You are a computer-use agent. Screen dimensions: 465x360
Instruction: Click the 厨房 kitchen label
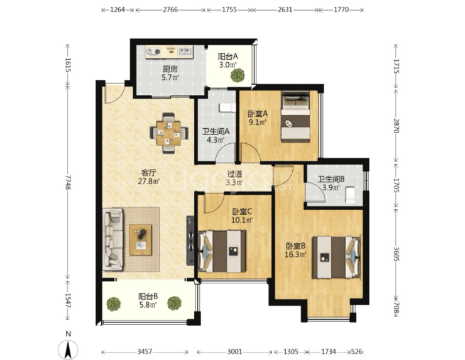(170, 69)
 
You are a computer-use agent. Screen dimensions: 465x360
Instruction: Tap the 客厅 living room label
(149, 173)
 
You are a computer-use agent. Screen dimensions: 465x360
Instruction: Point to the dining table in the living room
(169, 133)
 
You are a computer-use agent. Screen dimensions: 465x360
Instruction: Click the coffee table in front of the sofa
(140, 239)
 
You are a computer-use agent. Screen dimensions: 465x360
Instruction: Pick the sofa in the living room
(112, 239)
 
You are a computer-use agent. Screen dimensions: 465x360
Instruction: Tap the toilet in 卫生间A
(227, 107)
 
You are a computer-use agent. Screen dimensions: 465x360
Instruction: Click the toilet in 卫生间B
(350, 195)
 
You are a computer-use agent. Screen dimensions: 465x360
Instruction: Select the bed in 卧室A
(295, 116)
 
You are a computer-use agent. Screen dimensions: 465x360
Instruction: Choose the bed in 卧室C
(222, 251)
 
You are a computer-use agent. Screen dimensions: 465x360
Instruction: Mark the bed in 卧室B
(336, 257)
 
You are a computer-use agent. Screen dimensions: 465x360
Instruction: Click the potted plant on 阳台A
(238, 75)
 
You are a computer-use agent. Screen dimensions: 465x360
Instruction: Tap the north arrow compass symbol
(68, 349)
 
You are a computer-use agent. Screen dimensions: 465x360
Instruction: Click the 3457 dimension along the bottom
(145, 352)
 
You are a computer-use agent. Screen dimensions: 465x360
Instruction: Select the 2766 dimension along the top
(170, 10)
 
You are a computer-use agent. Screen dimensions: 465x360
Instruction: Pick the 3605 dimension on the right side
(397, 254)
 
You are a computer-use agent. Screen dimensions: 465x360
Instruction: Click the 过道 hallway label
(234, 174)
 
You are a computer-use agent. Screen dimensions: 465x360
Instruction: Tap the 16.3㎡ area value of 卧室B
(295, 254)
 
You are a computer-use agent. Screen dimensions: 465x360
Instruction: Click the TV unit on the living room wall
(190, 241)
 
